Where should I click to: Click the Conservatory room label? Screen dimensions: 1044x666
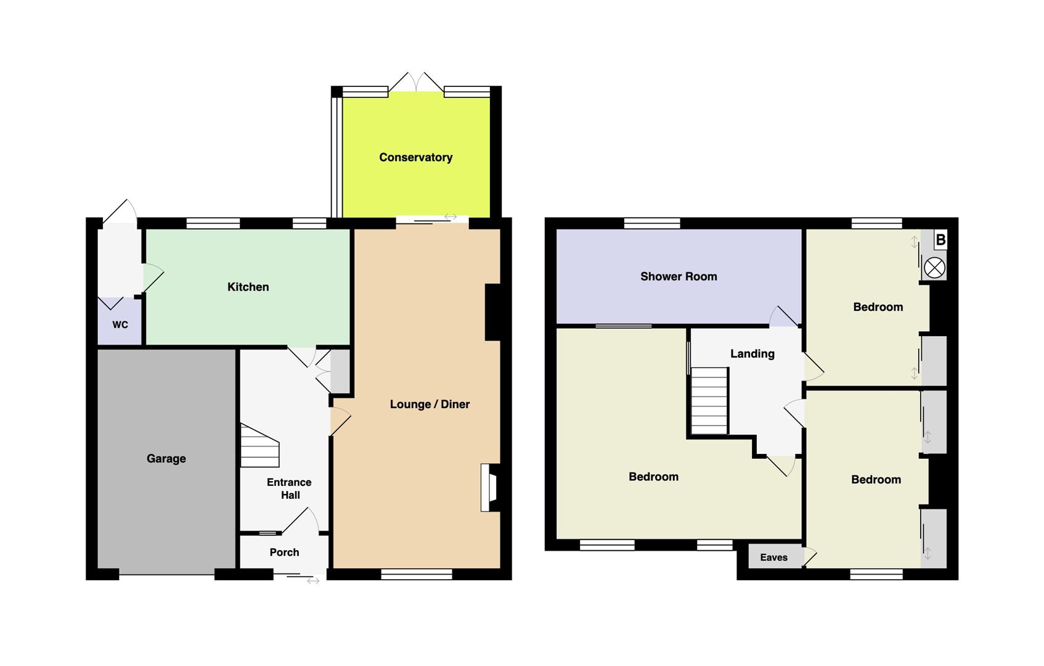point(416,158)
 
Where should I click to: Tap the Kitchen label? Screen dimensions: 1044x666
point(248,287)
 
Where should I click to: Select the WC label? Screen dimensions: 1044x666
point(120,324)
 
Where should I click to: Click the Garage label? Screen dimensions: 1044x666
point(166,459)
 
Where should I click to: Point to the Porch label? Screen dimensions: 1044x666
point(284,552)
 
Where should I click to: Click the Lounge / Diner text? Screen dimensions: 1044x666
point(430,405)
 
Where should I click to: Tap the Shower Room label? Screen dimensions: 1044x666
point(679,276)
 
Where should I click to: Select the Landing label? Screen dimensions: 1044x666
point(752,354)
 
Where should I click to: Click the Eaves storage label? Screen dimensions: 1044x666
point(773,557)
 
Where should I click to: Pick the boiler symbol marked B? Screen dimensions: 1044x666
point(940,240)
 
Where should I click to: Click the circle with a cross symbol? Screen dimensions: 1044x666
point(934,268)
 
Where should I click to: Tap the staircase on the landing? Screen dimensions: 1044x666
point(709,401)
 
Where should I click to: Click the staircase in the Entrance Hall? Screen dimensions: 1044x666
point(259,445)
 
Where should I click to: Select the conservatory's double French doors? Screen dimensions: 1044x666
point(416,82)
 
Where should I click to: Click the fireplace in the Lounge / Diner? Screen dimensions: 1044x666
point(489,487)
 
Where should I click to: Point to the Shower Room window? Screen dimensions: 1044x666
point(652,223)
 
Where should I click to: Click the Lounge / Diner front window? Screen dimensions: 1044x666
point(417,575)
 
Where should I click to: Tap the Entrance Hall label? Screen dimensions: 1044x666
point(290,488)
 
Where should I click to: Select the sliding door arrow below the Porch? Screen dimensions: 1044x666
point(313,581)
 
